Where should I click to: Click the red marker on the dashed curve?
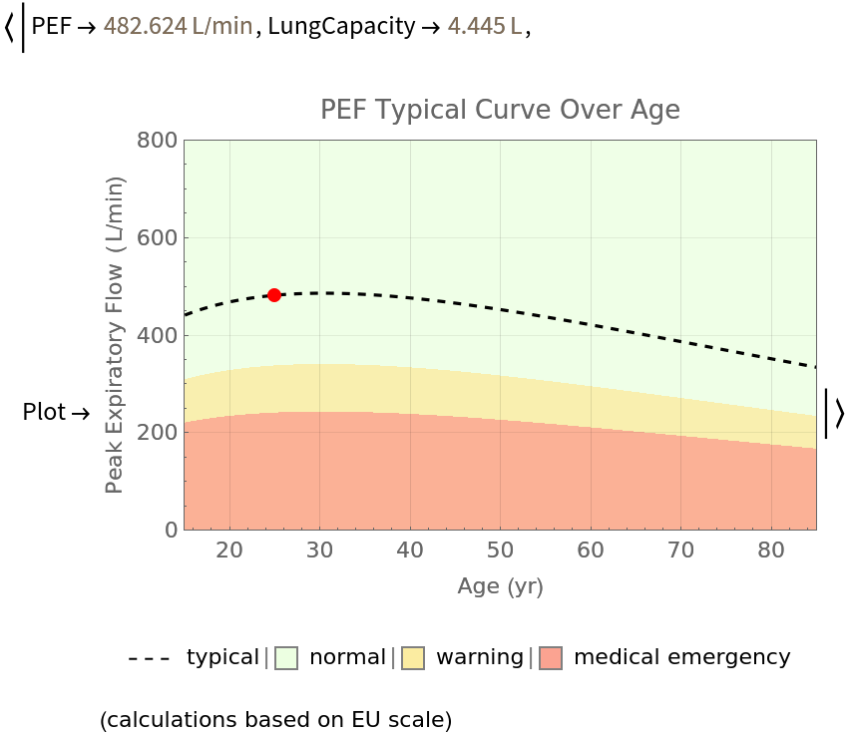click(274, 295)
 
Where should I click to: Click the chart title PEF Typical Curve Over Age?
click(500, 110)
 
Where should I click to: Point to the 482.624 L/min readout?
click(179, 26)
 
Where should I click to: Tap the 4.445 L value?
click(484, 26)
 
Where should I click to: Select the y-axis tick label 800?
click(157, 141)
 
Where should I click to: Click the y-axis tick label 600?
click(157, 238)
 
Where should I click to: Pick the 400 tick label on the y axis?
click(157, 336)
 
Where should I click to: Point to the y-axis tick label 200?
click(157, 433)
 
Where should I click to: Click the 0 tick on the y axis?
click(171, 530)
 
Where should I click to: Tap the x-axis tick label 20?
click(229, 550)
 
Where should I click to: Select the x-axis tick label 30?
click(320, 550)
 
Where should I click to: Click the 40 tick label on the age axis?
click(410, 550)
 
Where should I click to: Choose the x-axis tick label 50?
click(501, 550)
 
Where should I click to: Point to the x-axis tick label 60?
click(591, 550)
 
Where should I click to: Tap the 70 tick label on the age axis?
click(681, 550)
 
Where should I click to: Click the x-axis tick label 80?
click(771, 550)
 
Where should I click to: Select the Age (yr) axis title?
click(500, 586)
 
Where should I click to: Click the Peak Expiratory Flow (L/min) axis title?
click(116, 335)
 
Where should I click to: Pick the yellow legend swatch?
click(413, 658)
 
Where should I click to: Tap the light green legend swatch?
click(286, 658)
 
